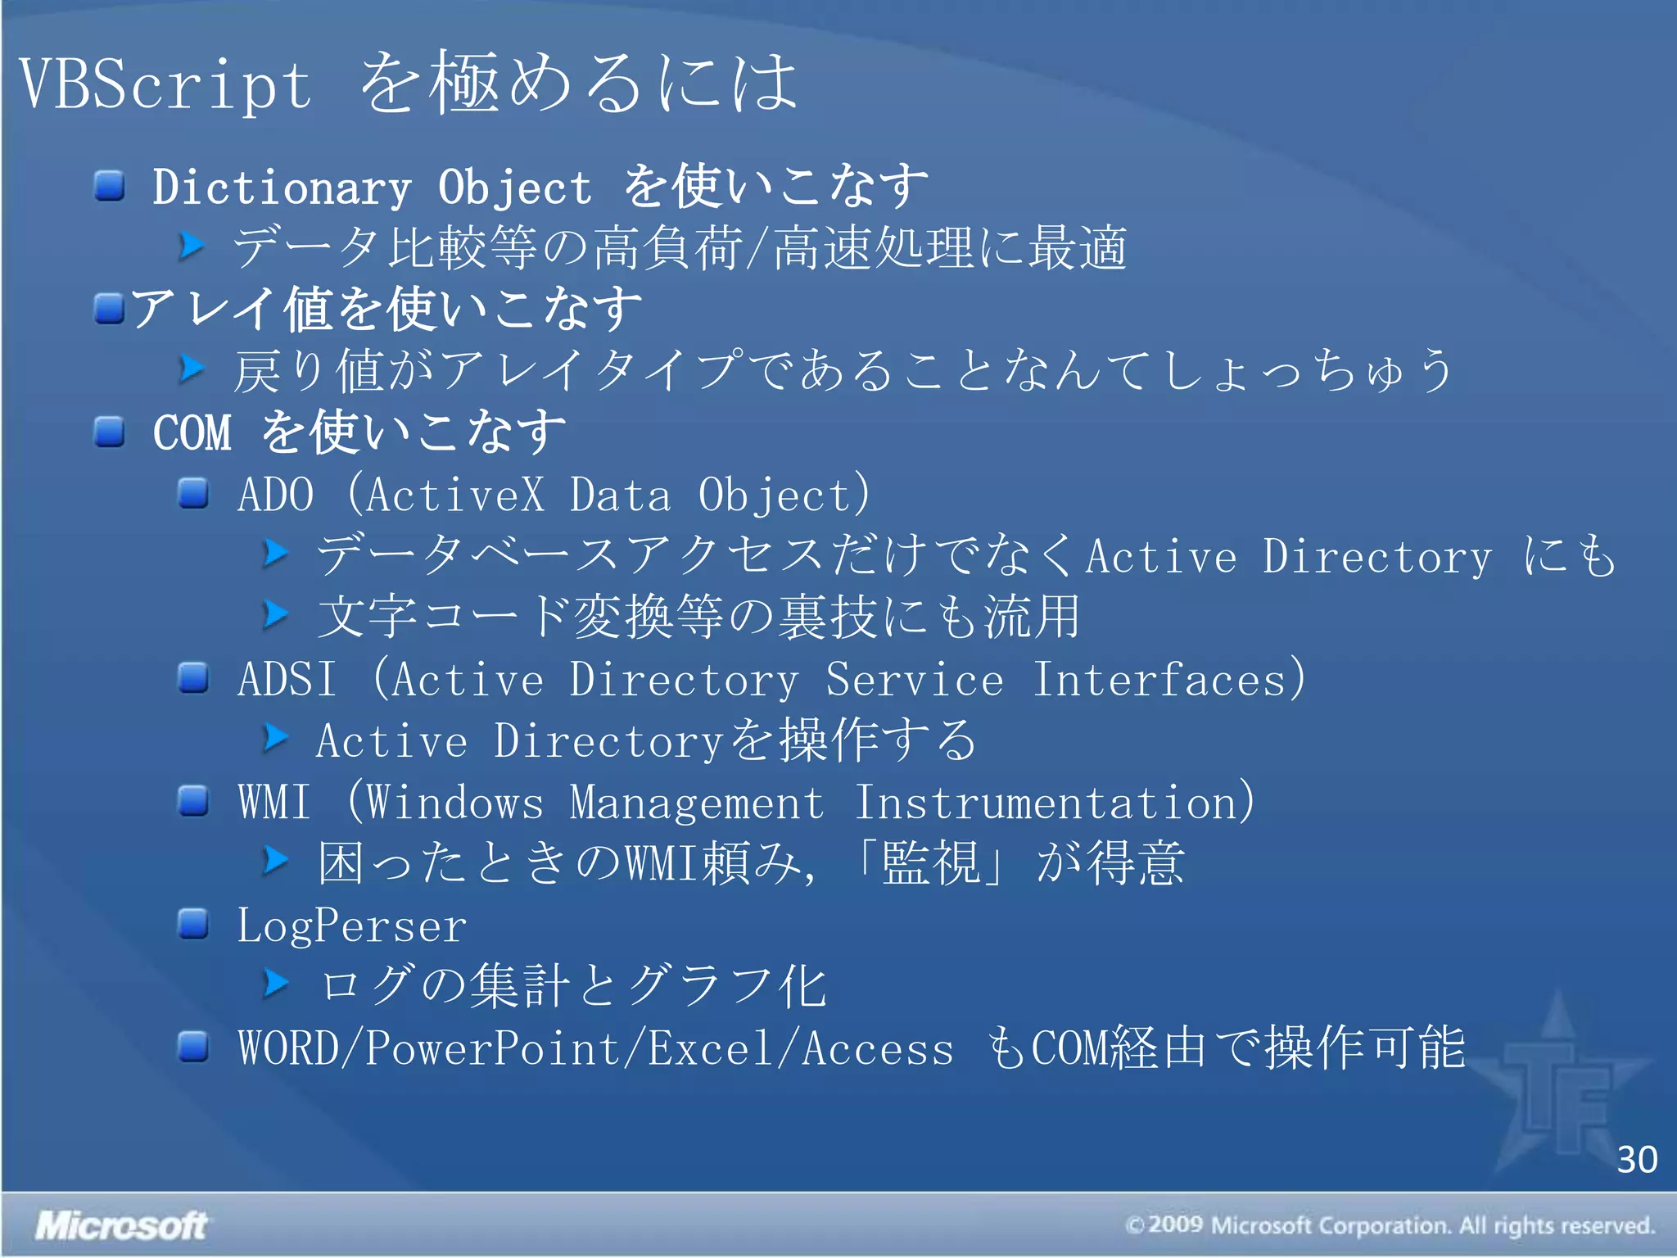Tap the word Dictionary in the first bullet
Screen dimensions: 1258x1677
pyautogui.click(x=282, y=188)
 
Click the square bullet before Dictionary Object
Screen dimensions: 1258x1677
pyautogui.click(x=109, y=186)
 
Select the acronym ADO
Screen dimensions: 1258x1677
pyautogui.click(x=275, y=495)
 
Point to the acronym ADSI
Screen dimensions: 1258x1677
pyautogui.click(x=287, y=679)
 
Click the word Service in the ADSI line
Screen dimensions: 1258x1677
pyautogui.click(x=914, y=679)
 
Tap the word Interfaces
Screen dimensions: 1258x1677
pyautogui.click(x=1160, y=679)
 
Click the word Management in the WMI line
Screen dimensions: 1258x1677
pyautogui.click(x=696, y=802)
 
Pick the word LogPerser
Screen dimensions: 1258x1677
pyautogui.click(x=351, y=926)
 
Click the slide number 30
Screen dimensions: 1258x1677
pyautogui.click(x=1636, y=1160)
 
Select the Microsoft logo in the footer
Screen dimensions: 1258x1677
pyautogui.click(x=121, y=1225)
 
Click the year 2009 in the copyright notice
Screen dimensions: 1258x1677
pyautogui.click(x=1175, y=1225)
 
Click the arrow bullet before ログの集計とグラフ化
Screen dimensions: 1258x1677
pyautogui.click(x=277, y=984)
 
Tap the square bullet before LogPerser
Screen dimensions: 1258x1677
pyautogui.click(x=193, y=924)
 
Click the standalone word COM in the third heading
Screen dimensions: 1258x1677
pyautogui.click(x=192, y=432)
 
